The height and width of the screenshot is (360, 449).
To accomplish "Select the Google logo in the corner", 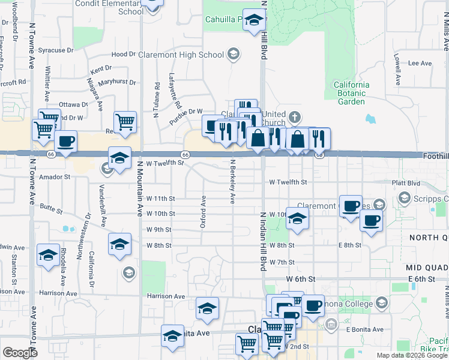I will point(20,353).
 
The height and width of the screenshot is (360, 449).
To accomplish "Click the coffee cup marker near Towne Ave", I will point(66,142).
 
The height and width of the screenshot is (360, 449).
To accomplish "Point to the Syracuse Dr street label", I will point(55,50).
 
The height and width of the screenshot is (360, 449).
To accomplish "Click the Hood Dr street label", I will point(124,54).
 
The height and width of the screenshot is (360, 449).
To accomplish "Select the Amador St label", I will point(55,177).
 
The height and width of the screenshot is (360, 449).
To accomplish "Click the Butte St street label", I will point(51,209).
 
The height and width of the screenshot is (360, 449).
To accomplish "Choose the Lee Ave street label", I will point(420,63).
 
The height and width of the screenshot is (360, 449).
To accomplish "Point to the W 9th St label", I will point(159,230).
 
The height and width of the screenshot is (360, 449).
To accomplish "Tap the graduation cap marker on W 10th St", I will point(297,218).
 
